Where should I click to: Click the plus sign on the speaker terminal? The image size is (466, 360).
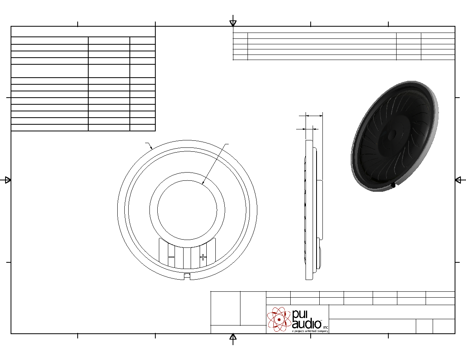(203, 257)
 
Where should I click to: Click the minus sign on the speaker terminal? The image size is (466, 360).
(171, 257)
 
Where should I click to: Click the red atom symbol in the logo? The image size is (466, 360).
(279, 319)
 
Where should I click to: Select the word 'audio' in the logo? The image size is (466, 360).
(306, 324)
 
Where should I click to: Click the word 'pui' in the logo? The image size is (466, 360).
(300, 314)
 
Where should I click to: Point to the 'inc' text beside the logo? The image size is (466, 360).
(326, 327)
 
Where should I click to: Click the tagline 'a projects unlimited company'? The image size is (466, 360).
(310, 331)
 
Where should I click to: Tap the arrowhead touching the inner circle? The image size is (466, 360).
(203, 182)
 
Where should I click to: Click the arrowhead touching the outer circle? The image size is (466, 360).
(151, 147)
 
